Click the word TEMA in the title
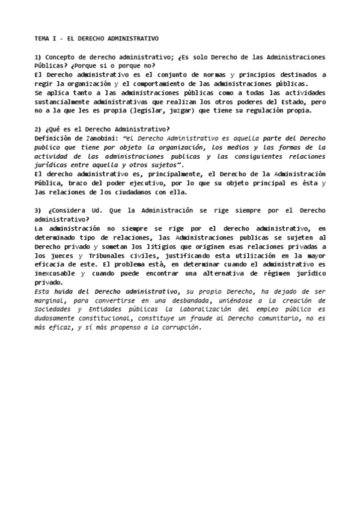[41, 38]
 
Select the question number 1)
[38, 57]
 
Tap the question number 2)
[38, 129]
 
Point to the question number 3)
[38, 210]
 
